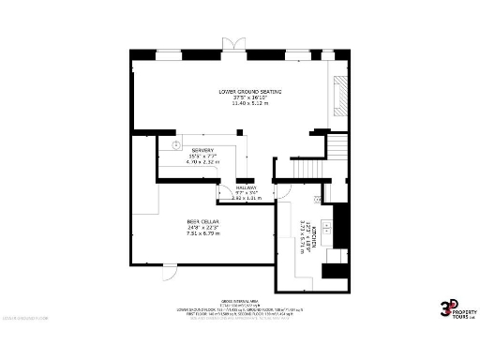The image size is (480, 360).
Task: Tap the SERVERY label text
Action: pos(202,150)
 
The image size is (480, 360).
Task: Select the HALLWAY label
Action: pos(246,187)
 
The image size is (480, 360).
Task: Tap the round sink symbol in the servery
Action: pos(175,145)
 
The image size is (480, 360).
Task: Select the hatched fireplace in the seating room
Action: pos(342,96)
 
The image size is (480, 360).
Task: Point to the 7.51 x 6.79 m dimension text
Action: pos(202,232)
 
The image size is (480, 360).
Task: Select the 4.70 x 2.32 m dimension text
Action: pos(202,162)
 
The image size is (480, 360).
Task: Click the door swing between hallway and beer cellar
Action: pos(225,194)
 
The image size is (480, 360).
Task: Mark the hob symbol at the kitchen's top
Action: pos(319,200)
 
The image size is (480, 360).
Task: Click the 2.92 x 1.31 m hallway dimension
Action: pos(246,198)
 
